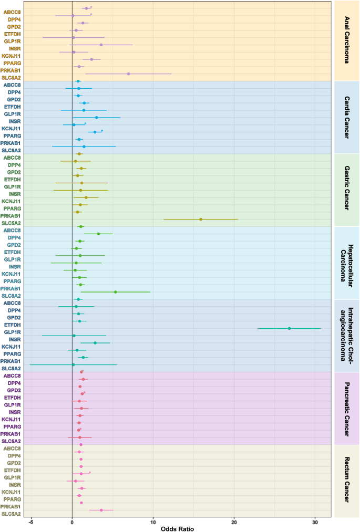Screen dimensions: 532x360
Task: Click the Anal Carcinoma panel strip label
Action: pos(346,40)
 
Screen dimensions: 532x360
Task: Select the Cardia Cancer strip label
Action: pos(346,117)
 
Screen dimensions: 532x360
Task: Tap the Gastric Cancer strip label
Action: pos(346,190)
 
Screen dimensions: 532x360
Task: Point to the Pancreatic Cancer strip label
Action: pos(346,408)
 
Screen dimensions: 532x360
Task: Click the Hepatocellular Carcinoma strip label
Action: pos(346,263)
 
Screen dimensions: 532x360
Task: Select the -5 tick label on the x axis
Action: pos(30,521)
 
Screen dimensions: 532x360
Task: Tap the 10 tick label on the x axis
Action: pos(153,521)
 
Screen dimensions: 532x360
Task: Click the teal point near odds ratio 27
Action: pos(290,328)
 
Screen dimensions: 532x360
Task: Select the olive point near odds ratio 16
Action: pos(201,219)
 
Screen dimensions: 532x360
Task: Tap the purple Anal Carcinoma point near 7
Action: pos(128,74)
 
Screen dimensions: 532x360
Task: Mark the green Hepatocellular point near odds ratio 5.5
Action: pos(116,292)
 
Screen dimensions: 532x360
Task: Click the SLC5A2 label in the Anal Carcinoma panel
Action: pos(11,77)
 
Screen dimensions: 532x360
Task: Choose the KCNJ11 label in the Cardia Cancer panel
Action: pos(11,128)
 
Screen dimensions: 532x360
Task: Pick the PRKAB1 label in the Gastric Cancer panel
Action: pos(11,215)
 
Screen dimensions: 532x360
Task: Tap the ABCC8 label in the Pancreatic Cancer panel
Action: pos(11,375)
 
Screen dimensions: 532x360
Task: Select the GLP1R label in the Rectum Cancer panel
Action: pos(12,477)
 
